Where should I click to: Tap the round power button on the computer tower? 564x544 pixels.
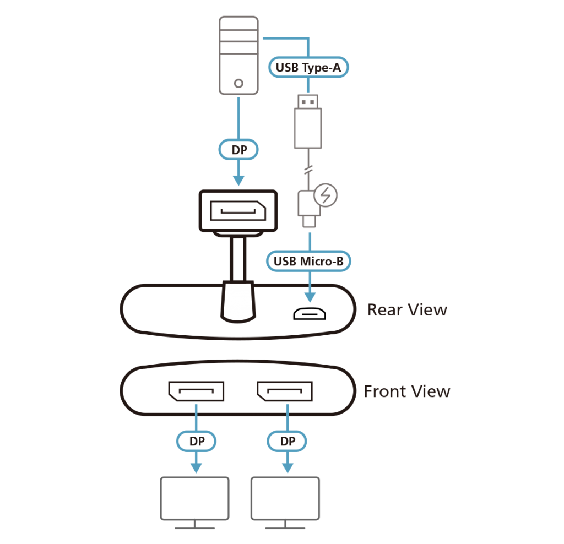click(238, 83)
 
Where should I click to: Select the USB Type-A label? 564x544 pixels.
click(309, 68)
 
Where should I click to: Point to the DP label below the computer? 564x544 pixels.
click(238, 150)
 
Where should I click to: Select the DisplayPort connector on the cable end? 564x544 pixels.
click(238, 210)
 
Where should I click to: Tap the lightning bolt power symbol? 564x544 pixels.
click(326, 196)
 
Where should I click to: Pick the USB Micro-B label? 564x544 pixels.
click(309, 261)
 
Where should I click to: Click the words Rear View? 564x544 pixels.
click(408, 310)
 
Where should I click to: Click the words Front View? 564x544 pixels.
click(407, 391)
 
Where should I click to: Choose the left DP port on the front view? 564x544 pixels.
click(196, 391)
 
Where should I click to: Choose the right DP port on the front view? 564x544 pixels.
click(285, 391)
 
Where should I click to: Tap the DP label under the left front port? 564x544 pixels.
click(196, 441)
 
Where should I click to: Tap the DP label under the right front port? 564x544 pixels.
click(287, 441)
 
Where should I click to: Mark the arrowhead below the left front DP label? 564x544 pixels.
click(196, 467)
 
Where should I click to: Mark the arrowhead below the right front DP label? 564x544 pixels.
click(287, 467)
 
